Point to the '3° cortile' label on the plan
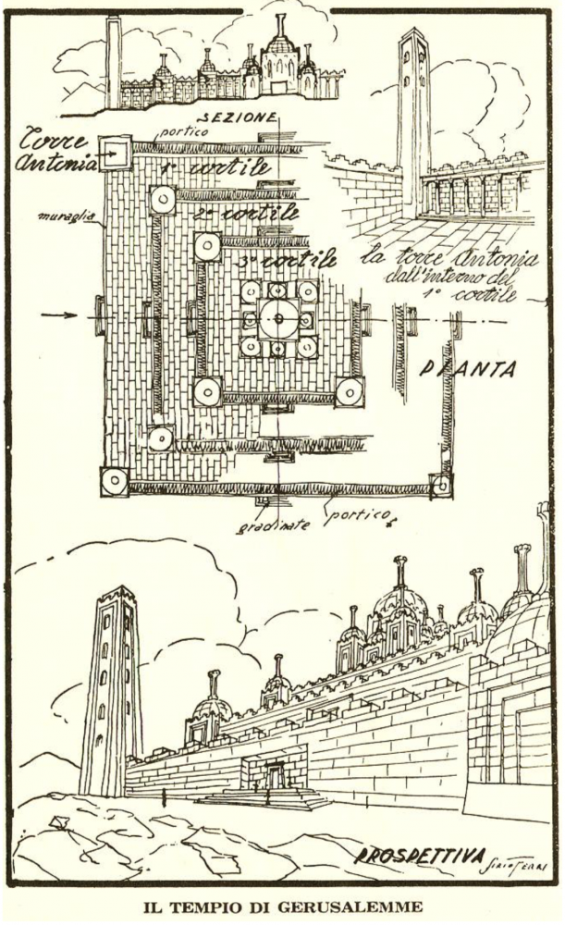coord(282,260)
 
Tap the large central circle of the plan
coord(276,320)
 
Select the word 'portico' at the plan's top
coord(181,132)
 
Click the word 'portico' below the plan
coord(352,518)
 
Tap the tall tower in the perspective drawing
coord(111,689)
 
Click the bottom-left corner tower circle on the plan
coord(115,480)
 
